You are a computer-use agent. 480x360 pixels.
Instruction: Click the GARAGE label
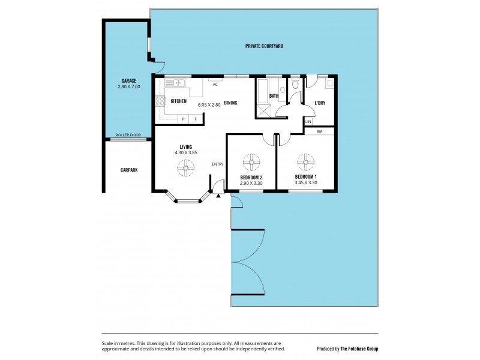click(x=128, y=80)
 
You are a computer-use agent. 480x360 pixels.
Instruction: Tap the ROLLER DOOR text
click(x=128, y=135)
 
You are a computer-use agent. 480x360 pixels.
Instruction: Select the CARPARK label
click(x=128, y=170)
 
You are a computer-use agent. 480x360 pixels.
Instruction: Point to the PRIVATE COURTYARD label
click(x=264, y=46)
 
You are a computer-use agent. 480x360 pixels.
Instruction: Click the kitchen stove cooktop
click(x=160, y=101)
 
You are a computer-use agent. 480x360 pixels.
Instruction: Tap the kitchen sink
click(x=178, y=83)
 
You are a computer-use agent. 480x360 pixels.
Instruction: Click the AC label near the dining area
click(x=214, y=85)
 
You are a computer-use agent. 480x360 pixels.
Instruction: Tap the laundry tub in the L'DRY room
click(x=329, y=83)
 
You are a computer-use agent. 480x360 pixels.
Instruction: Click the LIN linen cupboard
click(x=308, y=122)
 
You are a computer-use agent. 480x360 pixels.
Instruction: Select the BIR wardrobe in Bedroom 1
click(x=320, y=131)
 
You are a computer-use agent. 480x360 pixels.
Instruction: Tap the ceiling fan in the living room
click(x=185, y=169)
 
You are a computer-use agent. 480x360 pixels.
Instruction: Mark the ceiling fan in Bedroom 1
click(x=305, y=162)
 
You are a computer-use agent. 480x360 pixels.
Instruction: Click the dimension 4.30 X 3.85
click(x=185, y=153)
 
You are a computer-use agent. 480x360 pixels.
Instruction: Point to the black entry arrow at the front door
click(x=218, y=195)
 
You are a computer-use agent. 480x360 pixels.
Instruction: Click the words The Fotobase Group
click(x=359, y=348)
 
